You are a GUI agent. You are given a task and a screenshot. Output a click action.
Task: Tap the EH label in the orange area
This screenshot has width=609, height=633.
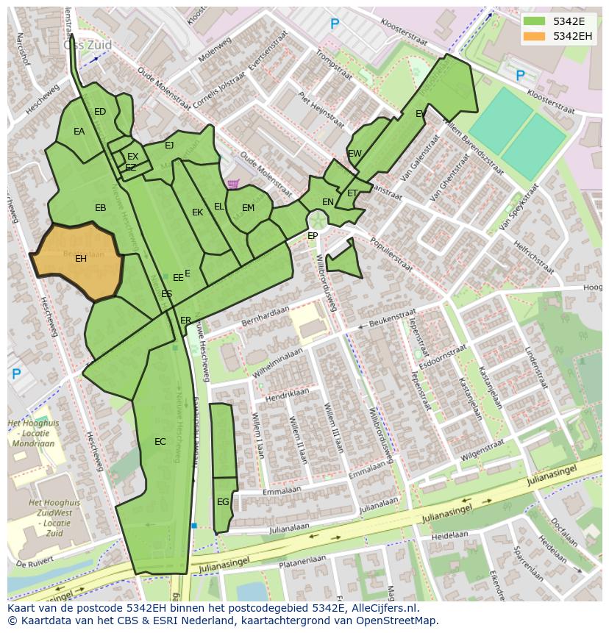click(x=81, y=259)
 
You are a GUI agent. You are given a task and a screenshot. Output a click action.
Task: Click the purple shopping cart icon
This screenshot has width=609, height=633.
click(x=233, y=184)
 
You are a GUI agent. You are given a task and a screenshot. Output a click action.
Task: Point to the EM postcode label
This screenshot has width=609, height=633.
click(x=248, y=208)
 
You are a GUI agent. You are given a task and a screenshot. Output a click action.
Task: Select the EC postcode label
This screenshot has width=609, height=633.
click(x=160, y=442)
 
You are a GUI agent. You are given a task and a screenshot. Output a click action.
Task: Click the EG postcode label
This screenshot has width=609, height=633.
click(x=223, y=502)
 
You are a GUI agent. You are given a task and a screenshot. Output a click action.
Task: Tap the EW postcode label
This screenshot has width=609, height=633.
click(x=355, y=154)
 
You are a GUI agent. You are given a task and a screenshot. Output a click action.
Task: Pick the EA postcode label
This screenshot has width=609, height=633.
click(x=79, y=132)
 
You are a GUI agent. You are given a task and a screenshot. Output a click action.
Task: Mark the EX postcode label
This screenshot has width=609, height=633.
click(x=132, y=157)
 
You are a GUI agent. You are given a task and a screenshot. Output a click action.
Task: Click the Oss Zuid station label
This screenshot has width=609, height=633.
click(x=88, y=45)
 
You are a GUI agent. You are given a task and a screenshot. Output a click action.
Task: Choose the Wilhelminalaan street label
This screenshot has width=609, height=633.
click(x=278, y=364)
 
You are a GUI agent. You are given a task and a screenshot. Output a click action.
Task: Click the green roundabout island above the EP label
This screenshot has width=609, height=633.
click(x=318, y=220)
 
